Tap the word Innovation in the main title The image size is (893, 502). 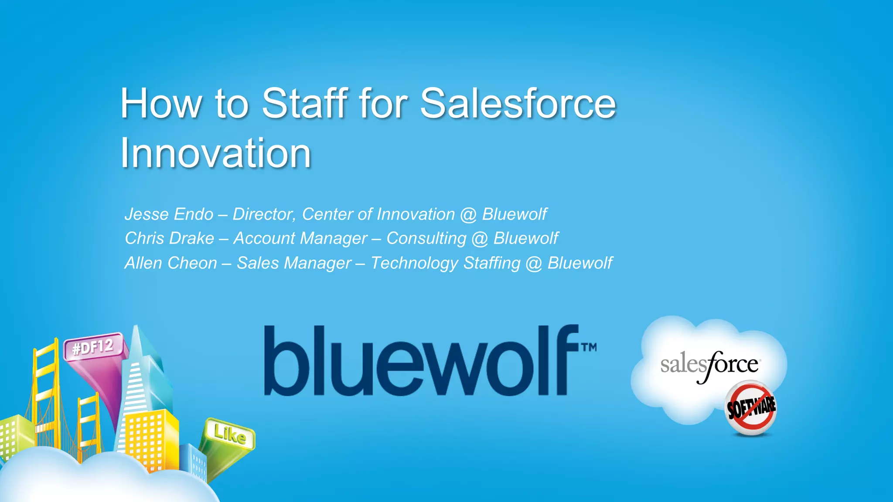215,153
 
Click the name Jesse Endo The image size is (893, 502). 169,214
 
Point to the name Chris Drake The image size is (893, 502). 170,238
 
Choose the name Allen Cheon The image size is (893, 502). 171,263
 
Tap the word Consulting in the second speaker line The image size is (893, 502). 426,238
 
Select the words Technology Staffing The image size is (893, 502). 445,263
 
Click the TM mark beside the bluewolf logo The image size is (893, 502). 588,347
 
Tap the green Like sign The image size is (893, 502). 229,434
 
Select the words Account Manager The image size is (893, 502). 300,238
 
